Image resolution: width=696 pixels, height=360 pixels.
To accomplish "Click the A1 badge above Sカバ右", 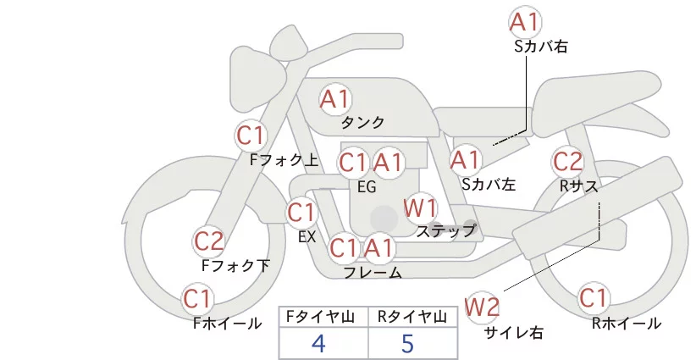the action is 525,22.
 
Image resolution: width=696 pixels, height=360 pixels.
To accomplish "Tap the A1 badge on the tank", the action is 335,99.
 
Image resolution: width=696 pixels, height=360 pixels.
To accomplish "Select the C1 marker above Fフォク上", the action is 251,136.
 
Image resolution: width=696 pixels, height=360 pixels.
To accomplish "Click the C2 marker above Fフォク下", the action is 209,242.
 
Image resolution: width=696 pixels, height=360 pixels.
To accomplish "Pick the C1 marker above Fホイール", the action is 196,299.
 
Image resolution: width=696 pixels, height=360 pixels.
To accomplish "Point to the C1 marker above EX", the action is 301,213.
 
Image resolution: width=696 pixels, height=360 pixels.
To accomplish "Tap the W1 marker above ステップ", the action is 420,208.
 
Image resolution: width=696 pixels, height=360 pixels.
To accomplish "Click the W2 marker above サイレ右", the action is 482,307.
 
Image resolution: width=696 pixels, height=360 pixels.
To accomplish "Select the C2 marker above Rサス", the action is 567,161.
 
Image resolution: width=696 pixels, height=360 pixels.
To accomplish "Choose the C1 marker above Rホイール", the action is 594,298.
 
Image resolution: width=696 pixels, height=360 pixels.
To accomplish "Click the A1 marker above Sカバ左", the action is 465,160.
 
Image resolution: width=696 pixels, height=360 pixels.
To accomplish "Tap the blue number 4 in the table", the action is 318,343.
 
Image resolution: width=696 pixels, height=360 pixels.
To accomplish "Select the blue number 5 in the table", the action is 407,343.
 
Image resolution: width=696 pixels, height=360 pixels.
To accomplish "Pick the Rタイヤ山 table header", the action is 412,317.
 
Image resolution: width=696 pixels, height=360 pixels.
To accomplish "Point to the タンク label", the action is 362,122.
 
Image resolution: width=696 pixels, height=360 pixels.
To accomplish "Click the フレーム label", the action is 373,273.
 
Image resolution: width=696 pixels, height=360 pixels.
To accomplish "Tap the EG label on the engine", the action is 367,187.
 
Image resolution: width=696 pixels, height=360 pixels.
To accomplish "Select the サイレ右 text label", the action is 514,333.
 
